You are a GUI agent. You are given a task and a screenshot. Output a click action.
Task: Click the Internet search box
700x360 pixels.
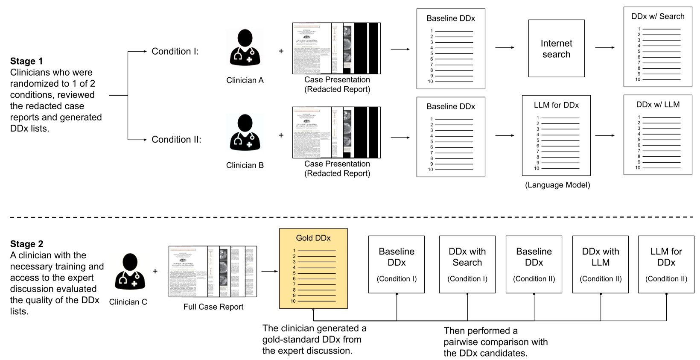pyautogui.click(x=556, y=49)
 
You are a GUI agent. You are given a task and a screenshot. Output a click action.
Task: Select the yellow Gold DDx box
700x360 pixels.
pyautogui.click(x=313, y=268)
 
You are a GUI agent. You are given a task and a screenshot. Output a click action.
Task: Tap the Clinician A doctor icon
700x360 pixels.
pyautogui.click(x=245, y=48)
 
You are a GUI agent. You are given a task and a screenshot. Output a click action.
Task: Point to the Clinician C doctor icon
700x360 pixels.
pyautogui.click(x=130, y=272)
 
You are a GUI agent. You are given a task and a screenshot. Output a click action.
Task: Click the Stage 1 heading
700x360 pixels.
pyautogui.click(x=26, y=61)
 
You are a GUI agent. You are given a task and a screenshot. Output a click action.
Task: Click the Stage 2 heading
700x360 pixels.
pyautogui.click(x=26, y=244)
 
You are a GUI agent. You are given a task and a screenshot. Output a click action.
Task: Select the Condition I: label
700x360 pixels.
pyautogui.click(x=175, y=51)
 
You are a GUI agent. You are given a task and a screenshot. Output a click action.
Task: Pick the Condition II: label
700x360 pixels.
pyautogui.click(x=176, y=140)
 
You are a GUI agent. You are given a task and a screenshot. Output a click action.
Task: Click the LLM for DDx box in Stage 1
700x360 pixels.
pyautogui.click(x=556, y=135)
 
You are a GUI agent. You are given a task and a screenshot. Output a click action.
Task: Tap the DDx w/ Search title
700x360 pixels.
pyautogui.click(x=658, y=17)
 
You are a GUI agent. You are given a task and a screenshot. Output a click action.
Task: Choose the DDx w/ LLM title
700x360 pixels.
pyautogui.click(x=658, y=105)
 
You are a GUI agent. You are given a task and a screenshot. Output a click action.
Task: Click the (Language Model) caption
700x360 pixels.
pyautogui.click(x=557, y=185)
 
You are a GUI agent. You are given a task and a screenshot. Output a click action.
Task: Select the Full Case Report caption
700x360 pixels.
pyautogui.click(x=213, y=307)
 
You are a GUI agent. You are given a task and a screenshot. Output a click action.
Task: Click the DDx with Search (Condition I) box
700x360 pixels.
pyautogui.click(x=467, y=264)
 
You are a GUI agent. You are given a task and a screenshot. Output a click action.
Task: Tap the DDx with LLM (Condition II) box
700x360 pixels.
pyautogui.click(x=601, y=264)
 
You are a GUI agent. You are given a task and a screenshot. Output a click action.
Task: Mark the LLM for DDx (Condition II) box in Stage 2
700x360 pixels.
pyautogui.click(x=666, y=264)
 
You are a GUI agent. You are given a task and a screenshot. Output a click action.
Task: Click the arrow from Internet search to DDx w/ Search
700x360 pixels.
pyautogui.click(x=604, y=47)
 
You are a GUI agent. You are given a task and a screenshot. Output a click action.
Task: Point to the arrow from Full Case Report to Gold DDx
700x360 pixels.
pyautogui.click(x=268, y=271)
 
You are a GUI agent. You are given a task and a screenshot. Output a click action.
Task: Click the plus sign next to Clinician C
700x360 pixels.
pyautogui.click(x=155, y=271)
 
